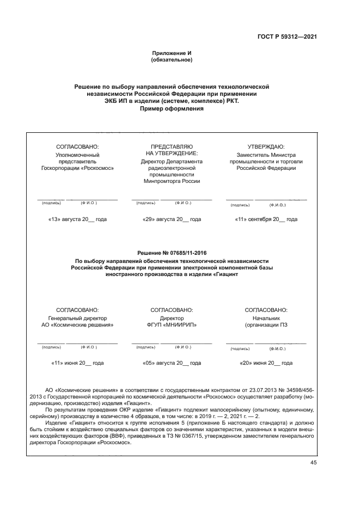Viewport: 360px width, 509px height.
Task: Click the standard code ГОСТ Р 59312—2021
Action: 287,37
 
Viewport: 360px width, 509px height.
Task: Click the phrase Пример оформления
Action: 172,108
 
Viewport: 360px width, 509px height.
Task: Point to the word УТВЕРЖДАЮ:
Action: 266,146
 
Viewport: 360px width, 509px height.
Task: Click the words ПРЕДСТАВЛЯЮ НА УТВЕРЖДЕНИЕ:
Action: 172,150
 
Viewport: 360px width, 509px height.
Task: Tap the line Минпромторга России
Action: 172,182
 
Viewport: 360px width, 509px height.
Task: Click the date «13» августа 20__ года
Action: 77,219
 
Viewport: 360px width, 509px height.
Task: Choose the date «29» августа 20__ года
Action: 172,219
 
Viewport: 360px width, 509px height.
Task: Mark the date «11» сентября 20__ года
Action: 266,219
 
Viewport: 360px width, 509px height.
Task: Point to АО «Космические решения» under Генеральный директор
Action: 77,324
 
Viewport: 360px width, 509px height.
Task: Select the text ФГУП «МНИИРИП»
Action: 172,324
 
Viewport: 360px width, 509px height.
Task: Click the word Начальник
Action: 266,317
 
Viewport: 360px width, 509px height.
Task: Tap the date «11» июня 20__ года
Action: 77,363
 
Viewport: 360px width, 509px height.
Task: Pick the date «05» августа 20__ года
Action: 172,363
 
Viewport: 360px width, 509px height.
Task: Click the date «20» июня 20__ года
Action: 266,363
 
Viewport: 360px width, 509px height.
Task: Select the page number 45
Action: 313,462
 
